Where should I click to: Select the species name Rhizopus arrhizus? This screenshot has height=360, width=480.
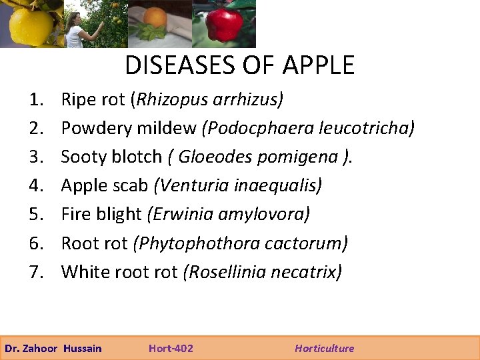(209, 100)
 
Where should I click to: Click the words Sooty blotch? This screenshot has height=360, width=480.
(111, 157)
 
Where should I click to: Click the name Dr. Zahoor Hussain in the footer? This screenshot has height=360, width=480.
(53, 348)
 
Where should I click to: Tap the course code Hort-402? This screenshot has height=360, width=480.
(171, 348)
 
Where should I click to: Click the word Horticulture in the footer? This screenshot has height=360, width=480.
(325, 348)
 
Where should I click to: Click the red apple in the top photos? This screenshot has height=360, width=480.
(224, 25)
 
